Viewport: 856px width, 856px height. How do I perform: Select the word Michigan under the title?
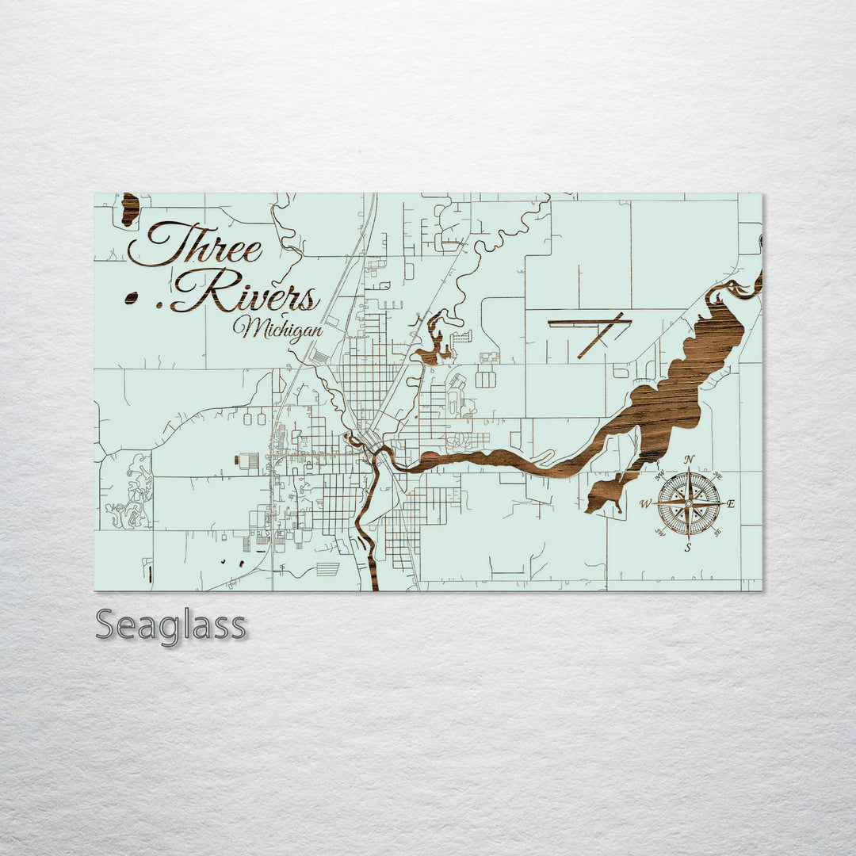277,327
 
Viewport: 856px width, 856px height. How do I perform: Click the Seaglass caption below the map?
170,626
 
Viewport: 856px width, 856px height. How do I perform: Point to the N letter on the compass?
689,460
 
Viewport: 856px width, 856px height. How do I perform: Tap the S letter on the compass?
688,547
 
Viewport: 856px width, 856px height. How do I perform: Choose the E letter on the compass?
731,504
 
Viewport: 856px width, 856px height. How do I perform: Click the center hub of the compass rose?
688,503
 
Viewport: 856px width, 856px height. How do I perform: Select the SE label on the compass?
717,532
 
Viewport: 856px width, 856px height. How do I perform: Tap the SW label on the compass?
659,533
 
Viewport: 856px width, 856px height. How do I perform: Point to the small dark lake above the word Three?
130,209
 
